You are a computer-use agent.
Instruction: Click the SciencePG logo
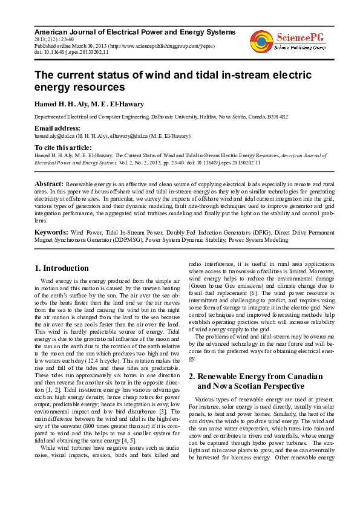click(288, 41)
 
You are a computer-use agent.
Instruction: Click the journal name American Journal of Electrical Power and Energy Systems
click(134, 31)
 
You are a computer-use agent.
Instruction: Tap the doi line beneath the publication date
click(71, 53)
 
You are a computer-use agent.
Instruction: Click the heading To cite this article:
click(63, 147)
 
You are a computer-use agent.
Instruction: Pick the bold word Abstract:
click(49, 183)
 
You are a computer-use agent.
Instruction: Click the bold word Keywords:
click(51, 232)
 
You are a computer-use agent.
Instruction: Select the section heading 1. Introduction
click(62, 268)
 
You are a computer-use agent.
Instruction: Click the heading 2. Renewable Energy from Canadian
click(256, 376)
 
